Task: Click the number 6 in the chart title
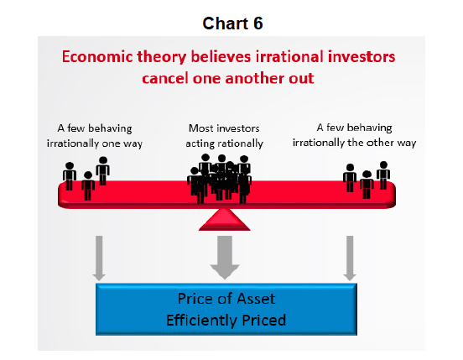tap(258, 23)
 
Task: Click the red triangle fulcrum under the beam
tap(225, 219)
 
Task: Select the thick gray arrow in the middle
tap(225, 258)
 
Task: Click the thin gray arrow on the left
tap(99, 258)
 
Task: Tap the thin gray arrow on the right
tap(350, 258)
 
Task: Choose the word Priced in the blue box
tap(264, 320)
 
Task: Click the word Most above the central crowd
tap(199, 128)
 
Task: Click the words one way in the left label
tap(122, 143)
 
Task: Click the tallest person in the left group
tap(103, 170)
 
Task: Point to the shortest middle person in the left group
tap(88, 185)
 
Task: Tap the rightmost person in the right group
tap(383, 175)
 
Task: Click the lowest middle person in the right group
tap(367, 185)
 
